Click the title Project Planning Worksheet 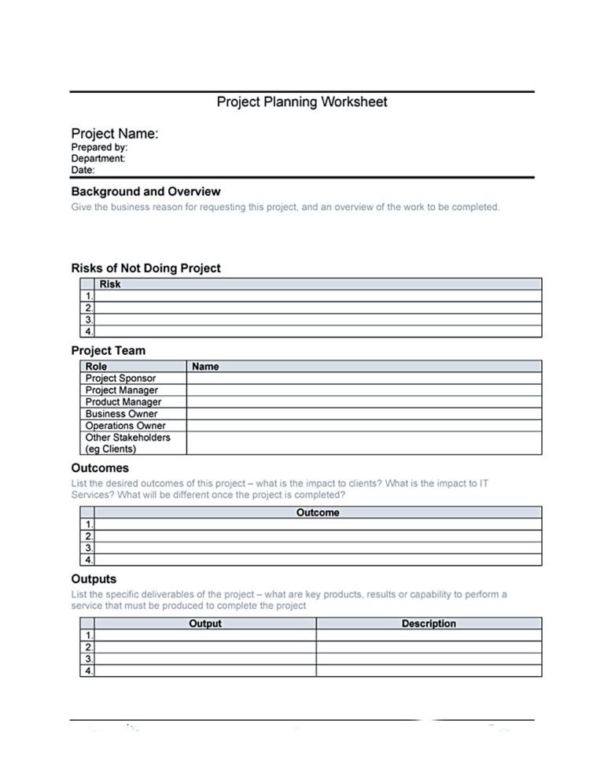tap(302, 102)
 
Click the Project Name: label tap(115, 134)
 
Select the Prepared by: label tap(99, 147)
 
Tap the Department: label tap(98, 158)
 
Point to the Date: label tap(83, 169)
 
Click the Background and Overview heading tap(145, 191)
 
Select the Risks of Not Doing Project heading tap(145, 268)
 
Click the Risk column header tap(110, 284)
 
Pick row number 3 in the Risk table tap(89, 320)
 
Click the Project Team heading tap(109, 350)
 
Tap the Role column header tap(96, 367)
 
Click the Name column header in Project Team tap(205, 367)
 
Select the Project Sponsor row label tap(120, 379)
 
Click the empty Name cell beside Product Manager tap(363, 402)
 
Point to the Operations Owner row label tap(125, 426)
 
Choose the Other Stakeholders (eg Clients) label tap(127, 443)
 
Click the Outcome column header tap(318, 512)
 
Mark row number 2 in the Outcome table tap(89, 536)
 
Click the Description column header tap(429, 623)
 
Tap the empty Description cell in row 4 tap(429, 671)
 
